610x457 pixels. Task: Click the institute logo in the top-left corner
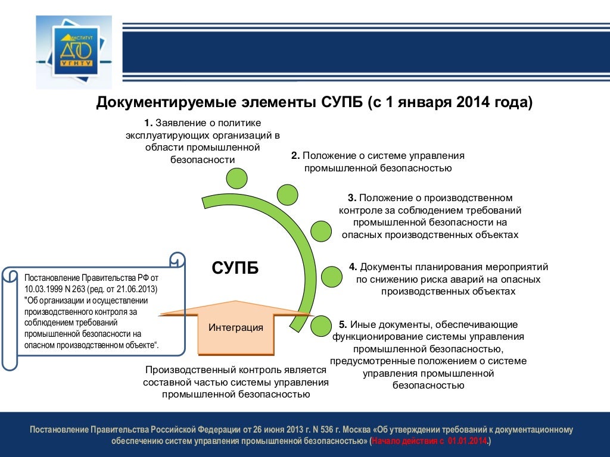[74, 52]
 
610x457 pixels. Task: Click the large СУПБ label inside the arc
[235, 268]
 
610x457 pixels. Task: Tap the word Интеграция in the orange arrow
[236, 327]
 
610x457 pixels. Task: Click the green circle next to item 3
[321, 231]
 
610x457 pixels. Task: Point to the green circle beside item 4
[332, 277]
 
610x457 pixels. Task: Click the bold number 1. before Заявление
[148, 123]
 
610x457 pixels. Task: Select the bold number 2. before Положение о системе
[295, 155]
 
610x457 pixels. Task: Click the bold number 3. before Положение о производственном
[352, 198]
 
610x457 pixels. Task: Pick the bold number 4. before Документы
[353, 267]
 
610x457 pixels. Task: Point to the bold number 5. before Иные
[343, 324]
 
